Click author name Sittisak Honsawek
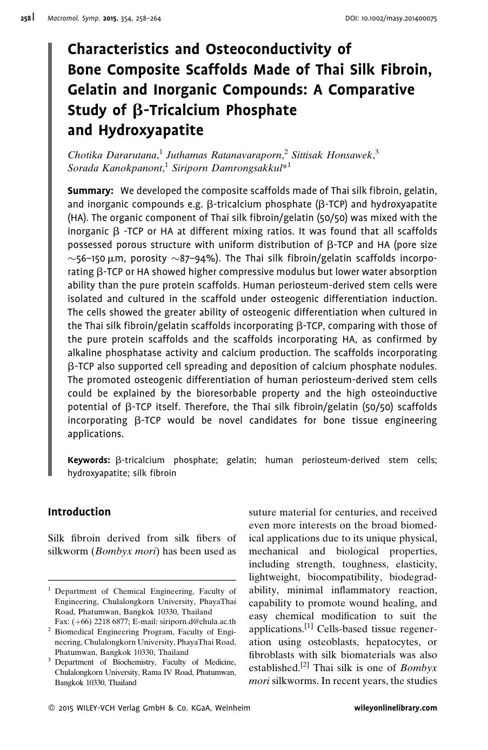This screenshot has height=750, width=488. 332,155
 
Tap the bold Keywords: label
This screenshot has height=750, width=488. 89,460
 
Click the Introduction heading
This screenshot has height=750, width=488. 79,512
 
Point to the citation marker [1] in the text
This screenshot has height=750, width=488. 309,627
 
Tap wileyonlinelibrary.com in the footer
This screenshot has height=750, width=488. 396,708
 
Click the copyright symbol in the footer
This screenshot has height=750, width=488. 51,708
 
